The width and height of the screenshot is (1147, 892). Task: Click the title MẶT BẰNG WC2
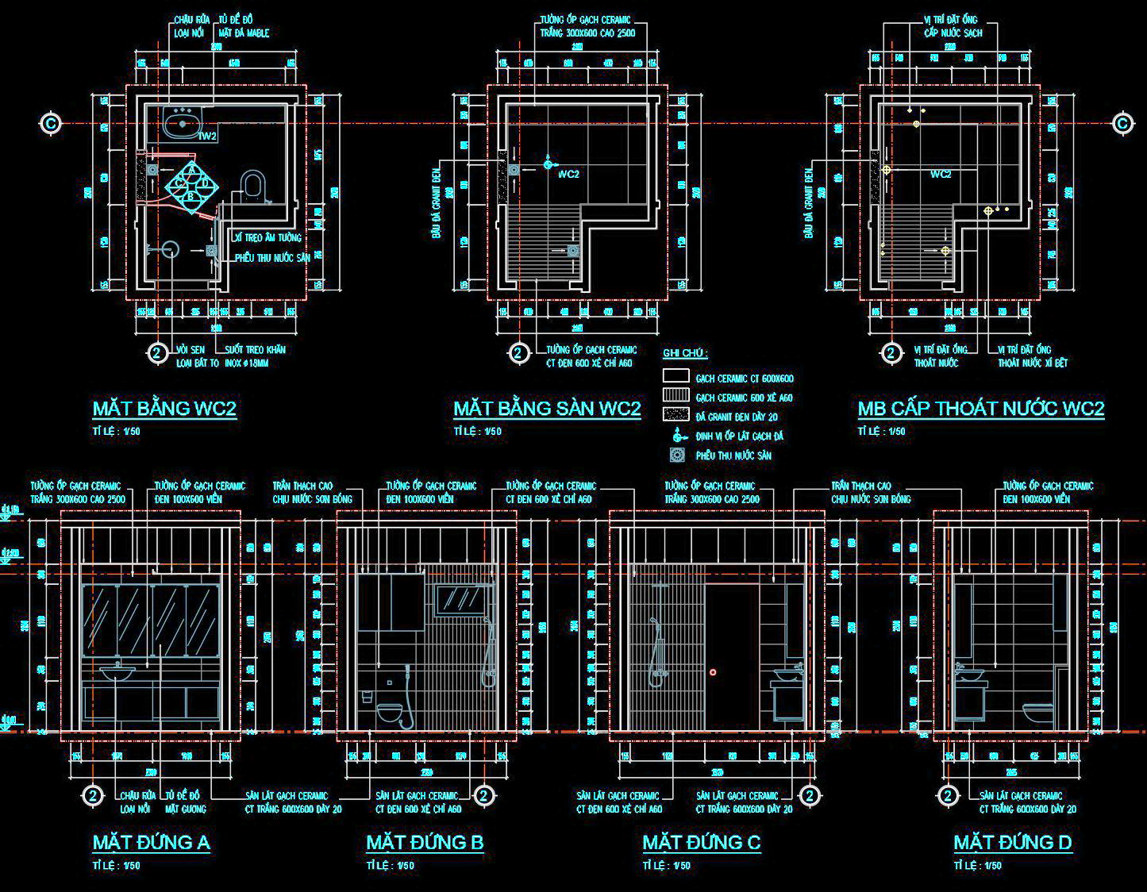(164, 409)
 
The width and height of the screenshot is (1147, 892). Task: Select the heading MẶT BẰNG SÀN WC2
(547, 409)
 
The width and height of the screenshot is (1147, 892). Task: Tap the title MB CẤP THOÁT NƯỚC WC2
(980, 409)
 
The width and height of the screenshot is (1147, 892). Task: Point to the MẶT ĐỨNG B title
(425, 842)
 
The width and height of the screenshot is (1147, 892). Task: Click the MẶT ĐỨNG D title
(1012, 842)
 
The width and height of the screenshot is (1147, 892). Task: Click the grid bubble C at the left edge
(51, 123)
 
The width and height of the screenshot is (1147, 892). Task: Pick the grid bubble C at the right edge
(1122, 123)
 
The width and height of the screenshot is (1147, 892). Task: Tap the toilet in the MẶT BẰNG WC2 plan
(252, 185)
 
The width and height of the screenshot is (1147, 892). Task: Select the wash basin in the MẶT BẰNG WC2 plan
(183, 123)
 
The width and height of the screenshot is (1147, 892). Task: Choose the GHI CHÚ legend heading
(685, 353)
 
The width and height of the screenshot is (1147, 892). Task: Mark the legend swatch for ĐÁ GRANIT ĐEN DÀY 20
(675, 415)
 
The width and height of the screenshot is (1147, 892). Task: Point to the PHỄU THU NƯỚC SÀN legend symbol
(676, 455)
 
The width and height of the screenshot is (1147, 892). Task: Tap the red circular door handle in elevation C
(713, 672)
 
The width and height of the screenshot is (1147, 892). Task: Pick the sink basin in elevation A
(117, 675)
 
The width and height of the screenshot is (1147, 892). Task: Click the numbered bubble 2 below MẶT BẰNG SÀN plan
(518, 353)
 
